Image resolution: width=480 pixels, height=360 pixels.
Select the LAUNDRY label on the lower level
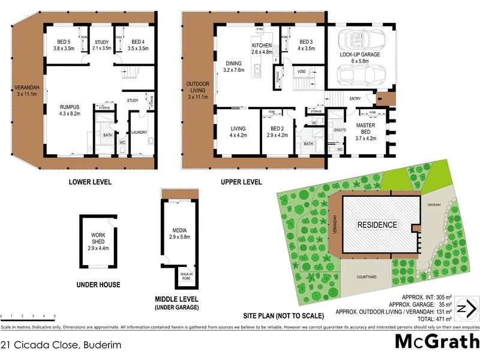coord(139,133)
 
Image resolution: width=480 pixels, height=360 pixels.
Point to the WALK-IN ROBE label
coord(187,277)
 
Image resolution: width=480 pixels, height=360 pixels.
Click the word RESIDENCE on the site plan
coord(377,225)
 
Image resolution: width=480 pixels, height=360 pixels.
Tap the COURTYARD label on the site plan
coord(366,277)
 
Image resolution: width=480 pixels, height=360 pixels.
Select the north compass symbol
coord(467,310)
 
